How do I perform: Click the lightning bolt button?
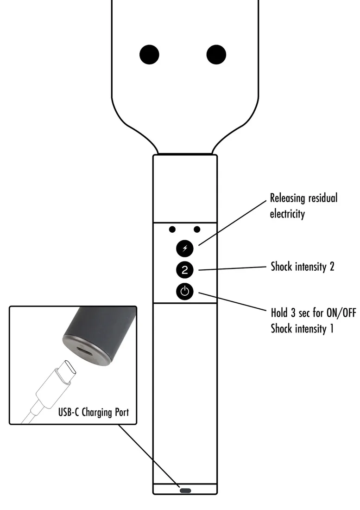(x=185, y=248)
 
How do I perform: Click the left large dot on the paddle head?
(x=149, y=55)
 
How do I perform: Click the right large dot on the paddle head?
(x=216, y=55)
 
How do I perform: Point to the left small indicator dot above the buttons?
(x=173, y=229)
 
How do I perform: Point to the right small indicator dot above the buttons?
(x=197, y=229)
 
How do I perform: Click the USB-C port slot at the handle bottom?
(x=185, y=490)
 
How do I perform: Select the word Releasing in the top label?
(x=288, y=198)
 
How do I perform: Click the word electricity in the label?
(x=287, y=215)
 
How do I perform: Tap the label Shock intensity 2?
(x=302, y=267)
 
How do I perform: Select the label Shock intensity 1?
(x=302, y=329)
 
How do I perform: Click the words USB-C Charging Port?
(x=94, y=412)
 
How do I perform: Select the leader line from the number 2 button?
(x=232, y=268)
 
